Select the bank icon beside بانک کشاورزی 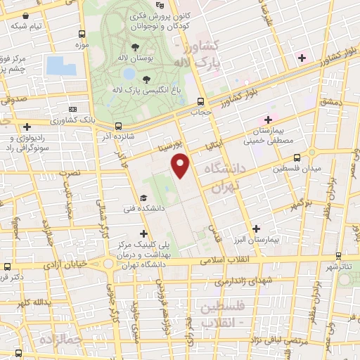[74, 110]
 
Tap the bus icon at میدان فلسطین [297, 158]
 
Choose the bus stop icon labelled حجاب [202, 101]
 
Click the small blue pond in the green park [129, 73]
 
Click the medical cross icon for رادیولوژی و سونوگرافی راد [27, 127]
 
